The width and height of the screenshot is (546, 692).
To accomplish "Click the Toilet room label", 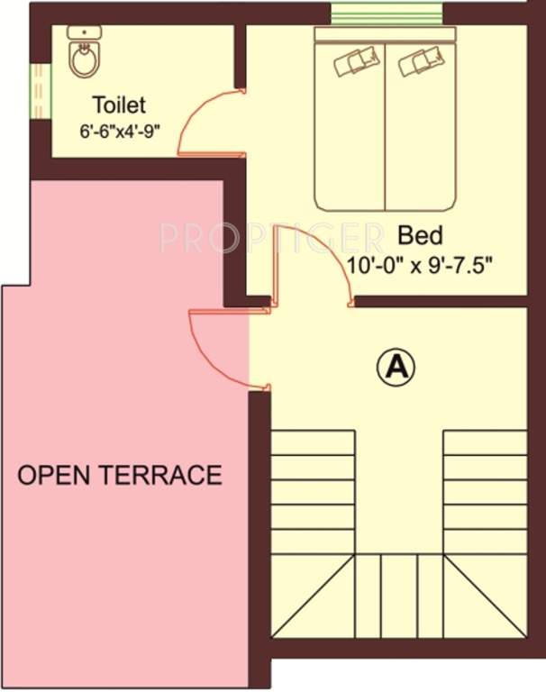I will point(118,106).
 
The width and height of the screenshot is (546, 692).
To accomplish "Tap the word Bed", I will point(420,236).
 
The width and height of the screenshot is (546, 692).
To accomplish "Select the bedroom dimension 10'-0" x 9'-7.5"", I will point(422,265).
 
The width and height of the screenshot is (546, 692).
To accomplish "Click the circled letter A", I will point(396,367).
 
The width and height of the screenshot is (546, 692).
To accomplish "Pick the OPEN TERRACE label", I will point(120,475).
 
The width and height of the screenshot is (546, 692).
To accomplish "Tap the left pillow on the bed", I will point(351,63).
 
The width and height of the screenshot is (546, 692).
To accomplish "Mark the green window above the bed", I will point(387,14).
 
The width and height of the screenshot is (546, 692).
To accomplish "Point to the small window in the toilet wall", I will point(39,90).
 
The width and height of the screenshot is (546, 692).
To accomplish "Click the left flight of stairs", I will point(313,491).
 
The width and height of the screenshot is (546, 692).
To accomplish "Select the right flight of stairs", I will point(484,491).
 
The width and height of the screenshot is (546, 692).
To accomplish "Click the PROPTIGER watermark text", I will point(271,237).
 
